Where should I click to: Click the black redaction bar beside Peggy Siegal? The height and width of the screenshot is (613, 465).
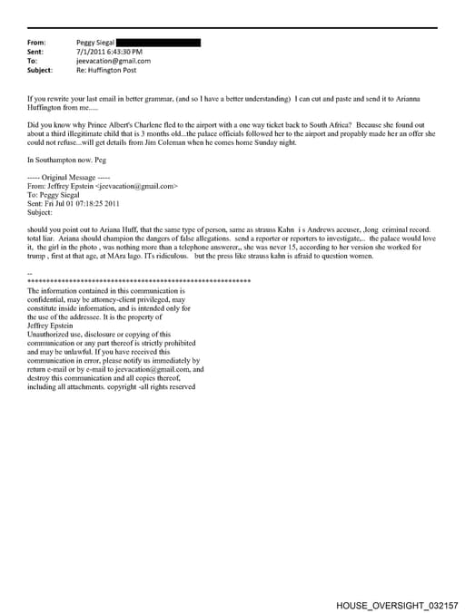coord(159,43)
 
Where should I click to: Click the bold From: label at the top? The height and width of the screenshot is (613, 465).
coord(37,43)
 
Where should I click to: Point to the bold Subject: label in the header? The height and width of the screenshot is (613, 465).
coord(41,70)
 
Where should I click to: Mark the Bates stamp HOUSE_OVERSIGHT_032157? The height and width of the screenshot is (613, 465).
coord(397,603)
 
